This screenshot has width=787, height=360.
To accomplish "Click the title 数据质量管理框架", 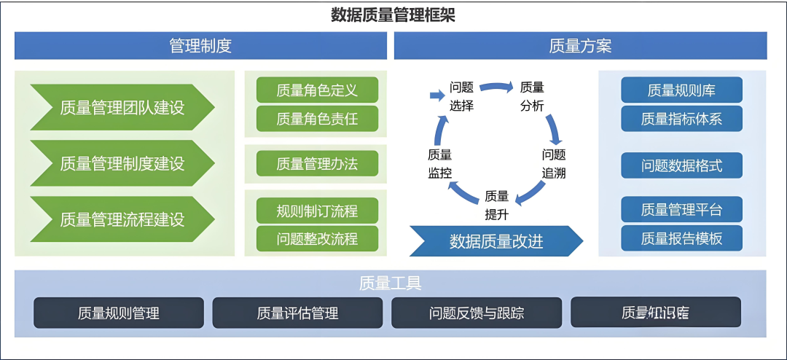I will point(393,15).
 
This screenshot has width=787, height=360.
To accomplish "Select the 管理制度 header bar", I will point(200,46).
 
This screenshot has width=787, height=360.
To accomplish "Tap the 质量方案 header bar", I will point(580,46).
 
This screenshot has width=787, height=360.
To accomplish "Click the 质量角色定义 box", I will point(317,90).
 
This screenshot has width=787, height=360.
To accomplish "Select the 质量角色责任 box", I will point(317,118).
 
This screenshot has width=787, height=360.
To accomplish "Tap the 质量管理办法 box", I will point(317,164).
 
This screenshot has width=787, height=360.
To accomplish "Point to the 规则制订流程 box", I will point(317,211).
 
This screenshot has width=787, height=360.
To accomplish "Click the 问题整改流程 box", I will point(317,238).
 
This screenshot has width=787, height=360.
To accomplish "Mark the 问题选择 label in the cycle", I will point(461,96).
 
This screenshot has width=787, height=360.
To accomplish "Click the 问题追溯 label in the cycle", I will point(553,163).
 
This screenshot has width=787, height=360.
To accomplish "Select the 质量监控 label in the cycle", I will point(439,163).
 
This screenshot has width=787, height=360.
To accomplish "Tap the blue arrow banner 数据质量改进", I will point(496,241).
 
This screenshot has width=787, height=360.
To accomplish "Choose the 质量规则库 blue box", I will point(681,90).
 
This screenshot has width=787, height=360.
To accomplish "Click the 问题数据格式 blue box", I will point(681,165).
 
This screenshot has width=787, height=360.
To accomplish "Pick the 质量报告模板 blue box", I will point(681,238).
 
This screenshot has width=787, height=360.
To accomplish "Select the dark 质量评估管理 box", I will point(297,313).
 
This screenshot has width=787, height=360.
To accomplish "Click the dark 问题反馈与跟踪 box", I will point(477,313).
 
